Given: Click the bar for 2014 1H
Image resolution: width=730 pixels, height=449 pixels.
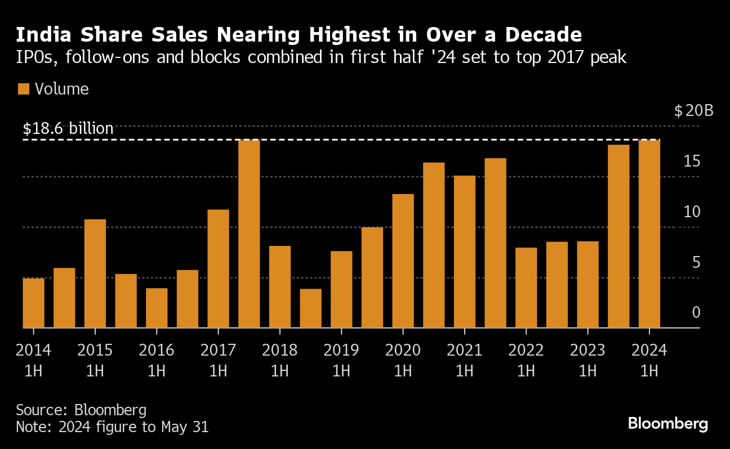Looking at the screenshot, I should click(x=34, y=303).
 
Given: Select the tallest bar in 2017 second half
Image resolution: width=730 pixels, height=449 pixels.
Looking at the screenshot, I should click(x=249, y=234).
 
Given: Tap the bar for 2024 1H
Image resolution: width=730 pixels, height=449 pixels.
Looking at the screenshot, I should click(x=649, y=234).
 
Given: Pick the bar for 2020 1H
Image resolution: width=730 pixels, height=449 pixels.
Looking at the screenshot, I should click(x=403, y=261).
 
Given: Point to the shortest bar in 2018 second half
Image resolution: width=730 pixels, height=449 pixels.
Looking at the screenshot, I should click(x=310, y=308).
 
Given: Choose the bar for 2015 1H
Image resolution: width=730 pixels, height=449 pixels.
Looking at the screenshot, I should click(x=95, y=273).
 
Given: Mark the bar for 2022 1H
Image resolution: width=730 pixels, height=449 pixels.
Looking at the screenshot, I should click(x=526, y=288).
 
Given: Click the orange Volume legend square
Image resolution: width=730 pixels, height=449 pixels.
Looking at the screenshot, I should click(x=23, y=89).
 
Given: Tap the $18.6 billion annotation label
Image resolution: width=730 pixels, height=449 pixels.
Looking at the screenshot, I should click(x=68, y=128).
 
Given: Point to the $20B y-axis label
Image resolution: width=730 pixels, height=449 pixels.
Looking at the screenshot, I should click(x=693, y=110).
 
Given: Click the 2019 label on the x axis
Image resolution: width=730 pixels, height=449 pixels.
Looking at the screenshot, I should click(x=341, y=350).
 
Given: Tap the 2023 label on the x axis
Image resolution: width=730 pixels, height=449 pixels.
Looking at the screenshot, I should click(x=587, y=350).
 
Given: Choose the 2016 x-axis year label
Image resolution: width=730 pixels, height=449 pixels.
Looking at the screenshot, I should click(x=157, y=350).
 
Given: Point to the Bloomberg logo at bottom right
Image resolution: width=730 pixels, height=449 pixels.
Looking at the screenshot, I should click(x=667, y=423).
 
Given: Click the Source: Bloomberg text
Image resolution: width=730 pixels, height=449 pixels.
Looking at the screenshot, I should click(x=81, y=409).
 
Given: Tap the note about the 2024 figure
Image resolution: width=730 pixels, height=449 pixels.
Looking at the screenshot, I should click(x=112, y=427).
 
